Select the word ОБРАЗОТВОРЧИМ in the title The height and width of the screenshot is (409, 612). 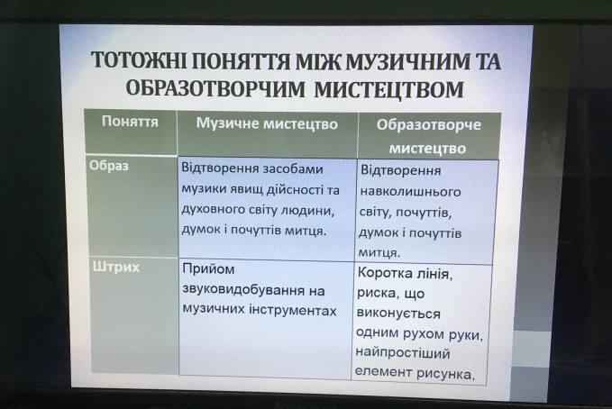pos(215,89)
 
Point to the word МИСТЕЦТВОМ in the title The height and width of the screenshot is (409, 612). pos(388,89)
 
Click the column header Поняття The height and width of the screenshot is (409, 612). pos(130,122)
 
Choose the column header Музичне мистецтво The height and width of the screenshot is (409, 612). pos(267,123)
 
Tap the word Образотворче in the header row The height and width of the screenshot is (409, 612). pos(428,125)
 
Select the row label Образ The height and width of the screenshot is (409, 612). pos(109,166)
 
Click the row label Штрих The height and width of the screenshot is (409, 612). pos(116,268)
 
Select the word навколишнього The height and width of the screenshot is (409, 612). pos(410,192)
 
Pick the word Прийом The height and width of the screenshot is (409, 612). pos(208,269)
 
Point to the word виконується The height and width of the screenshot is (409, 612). pos(398,314)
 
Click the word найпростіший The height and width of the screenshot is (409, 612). pos(402,353)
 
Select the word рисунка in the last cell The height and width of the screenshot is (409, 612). pos(446,374)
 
